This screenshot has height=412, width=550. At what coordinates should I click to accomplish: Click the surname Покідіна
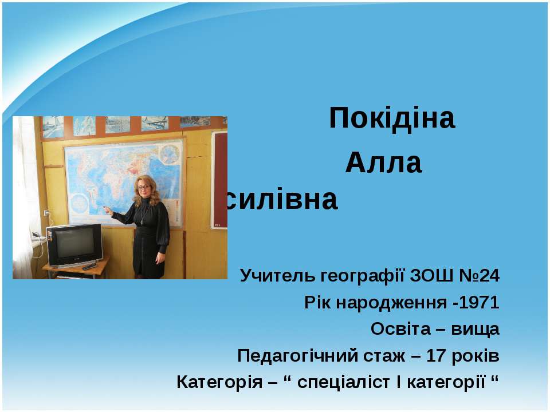point(392,119)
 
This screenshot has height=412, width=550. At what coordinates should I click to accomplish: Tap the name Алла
point(383,164)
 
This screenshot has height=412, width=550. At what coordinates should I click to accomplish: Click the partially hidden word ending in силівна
point(282,200)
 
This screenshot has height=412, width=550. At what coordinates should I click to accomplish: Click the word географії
point(360,276)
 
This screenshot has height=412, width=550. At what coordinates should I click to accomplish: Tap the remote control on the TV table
point(89,267)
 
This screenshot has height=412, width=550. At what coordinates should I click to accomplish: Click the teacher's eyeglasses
point(143,187)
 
